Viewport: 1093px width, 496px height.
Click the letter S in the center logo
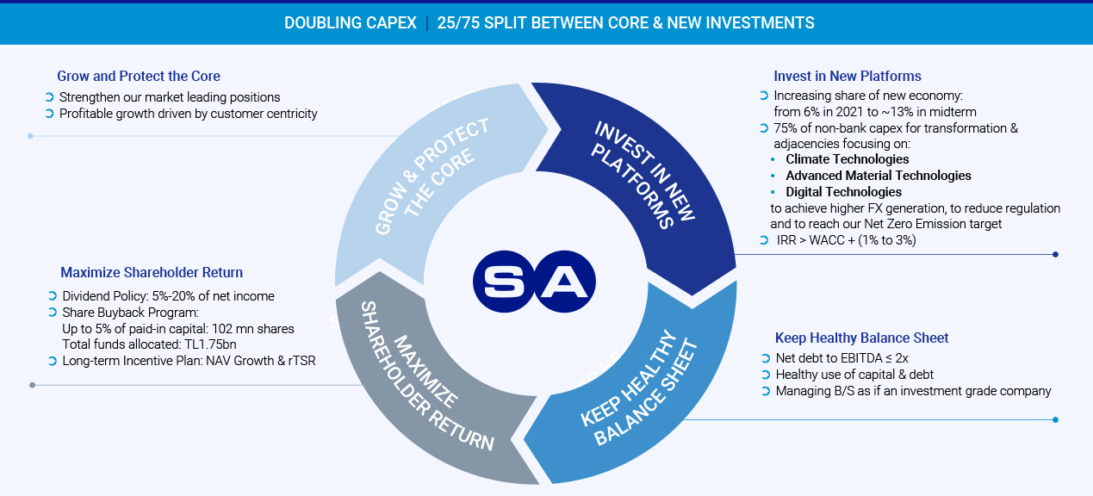pyautogui.click(x=504, y=282)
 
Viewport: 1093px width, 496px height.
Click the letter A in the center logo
pyautogui.click(x=564, y=282)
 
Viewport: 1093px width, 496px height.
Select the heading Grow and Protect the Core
pyautogui.click(x=139, y=76)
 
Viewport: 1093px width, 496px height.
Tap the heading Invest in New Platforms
pyautogui.click(x=847, y=76)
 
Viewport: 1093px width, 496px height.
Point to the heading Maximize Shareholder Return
pyautogui.click(x=152, y=272)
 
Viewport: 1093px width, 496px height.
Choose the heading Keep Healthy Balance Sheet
pyautogui.click(x=861, y=338)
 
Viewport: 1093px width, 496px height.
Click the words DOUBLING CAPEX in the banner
pyautogui.click(x=351, y=23)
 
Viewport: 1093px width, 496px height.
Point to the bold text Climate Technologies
pyautogui.click(x=847, y=159)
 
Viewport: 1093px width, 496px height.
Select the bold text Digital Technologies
pyautogui.click(x=844, y=192)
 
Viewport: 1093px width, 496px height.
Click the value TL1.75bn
pyautogui.click(x=210, y=344)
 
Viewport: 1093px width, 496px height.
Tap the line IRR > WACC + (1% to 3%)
pyautogui.click(x=846, y=240)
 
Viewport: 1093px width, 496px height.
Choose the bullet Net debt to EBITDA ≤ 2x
pyautogui.click(x=841, y=358)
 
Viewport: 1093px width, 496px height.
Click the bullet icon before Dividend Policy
pyautogui.click(x=53, y=295)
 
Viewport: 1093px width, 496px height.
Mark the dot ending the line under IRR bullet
pyautogui.click(x=1055, y=254)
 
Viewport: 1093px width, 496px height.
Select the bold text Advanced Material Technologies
pyautogui.click(x=879, y=176)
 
